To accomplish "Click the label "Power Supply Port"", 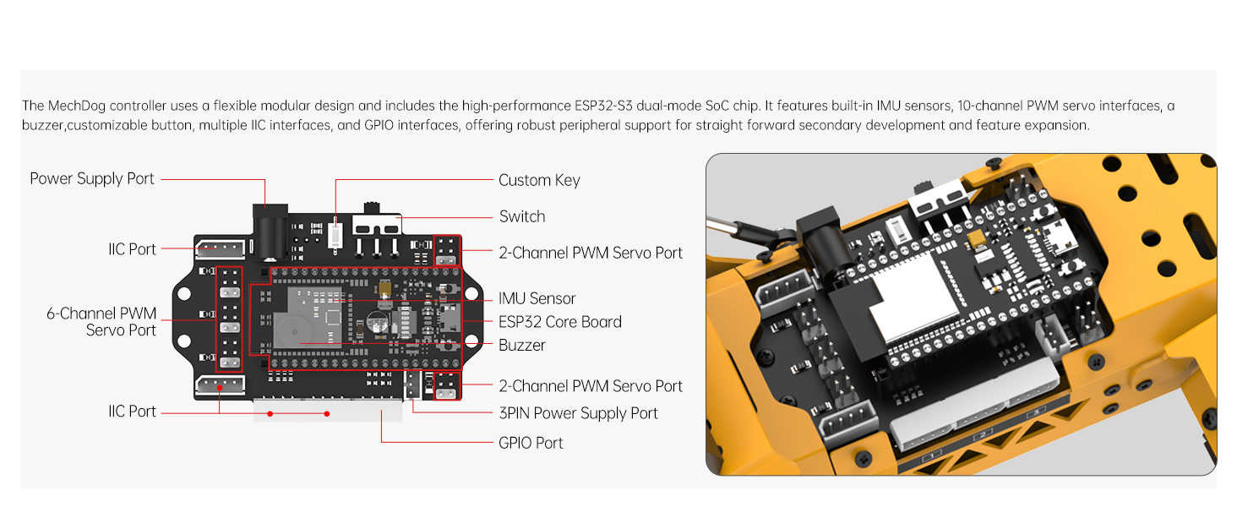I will pos(92,179).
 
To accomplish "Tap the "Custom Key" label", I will pos(539,180).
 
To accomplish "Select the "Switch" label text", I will pos(521,216).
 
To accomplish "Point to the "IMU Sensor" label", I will pos(537,298).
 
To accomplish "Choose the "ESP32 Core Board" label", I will pos(559,322).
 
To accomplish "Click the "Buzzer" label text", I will pos(521,345).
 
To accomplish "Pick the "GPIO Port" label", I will pos(531,443).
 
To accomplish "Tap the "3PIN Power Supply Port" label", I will pos(578,413).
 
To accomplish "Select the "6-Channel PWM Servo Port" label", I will pos(101,322).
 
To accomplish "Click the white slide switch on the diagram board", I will pos(376,226).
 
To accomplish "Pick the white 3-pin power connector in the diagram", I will pos(411,384).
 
